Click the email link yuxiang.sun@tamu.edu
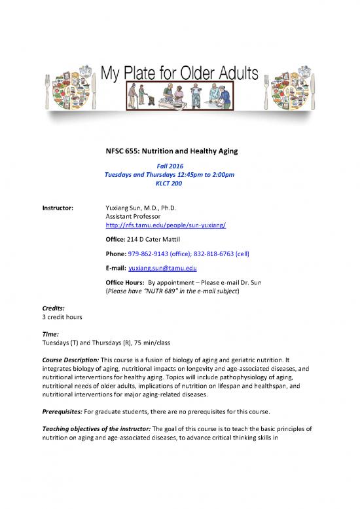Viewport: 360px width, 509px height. tap(163, 269)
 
